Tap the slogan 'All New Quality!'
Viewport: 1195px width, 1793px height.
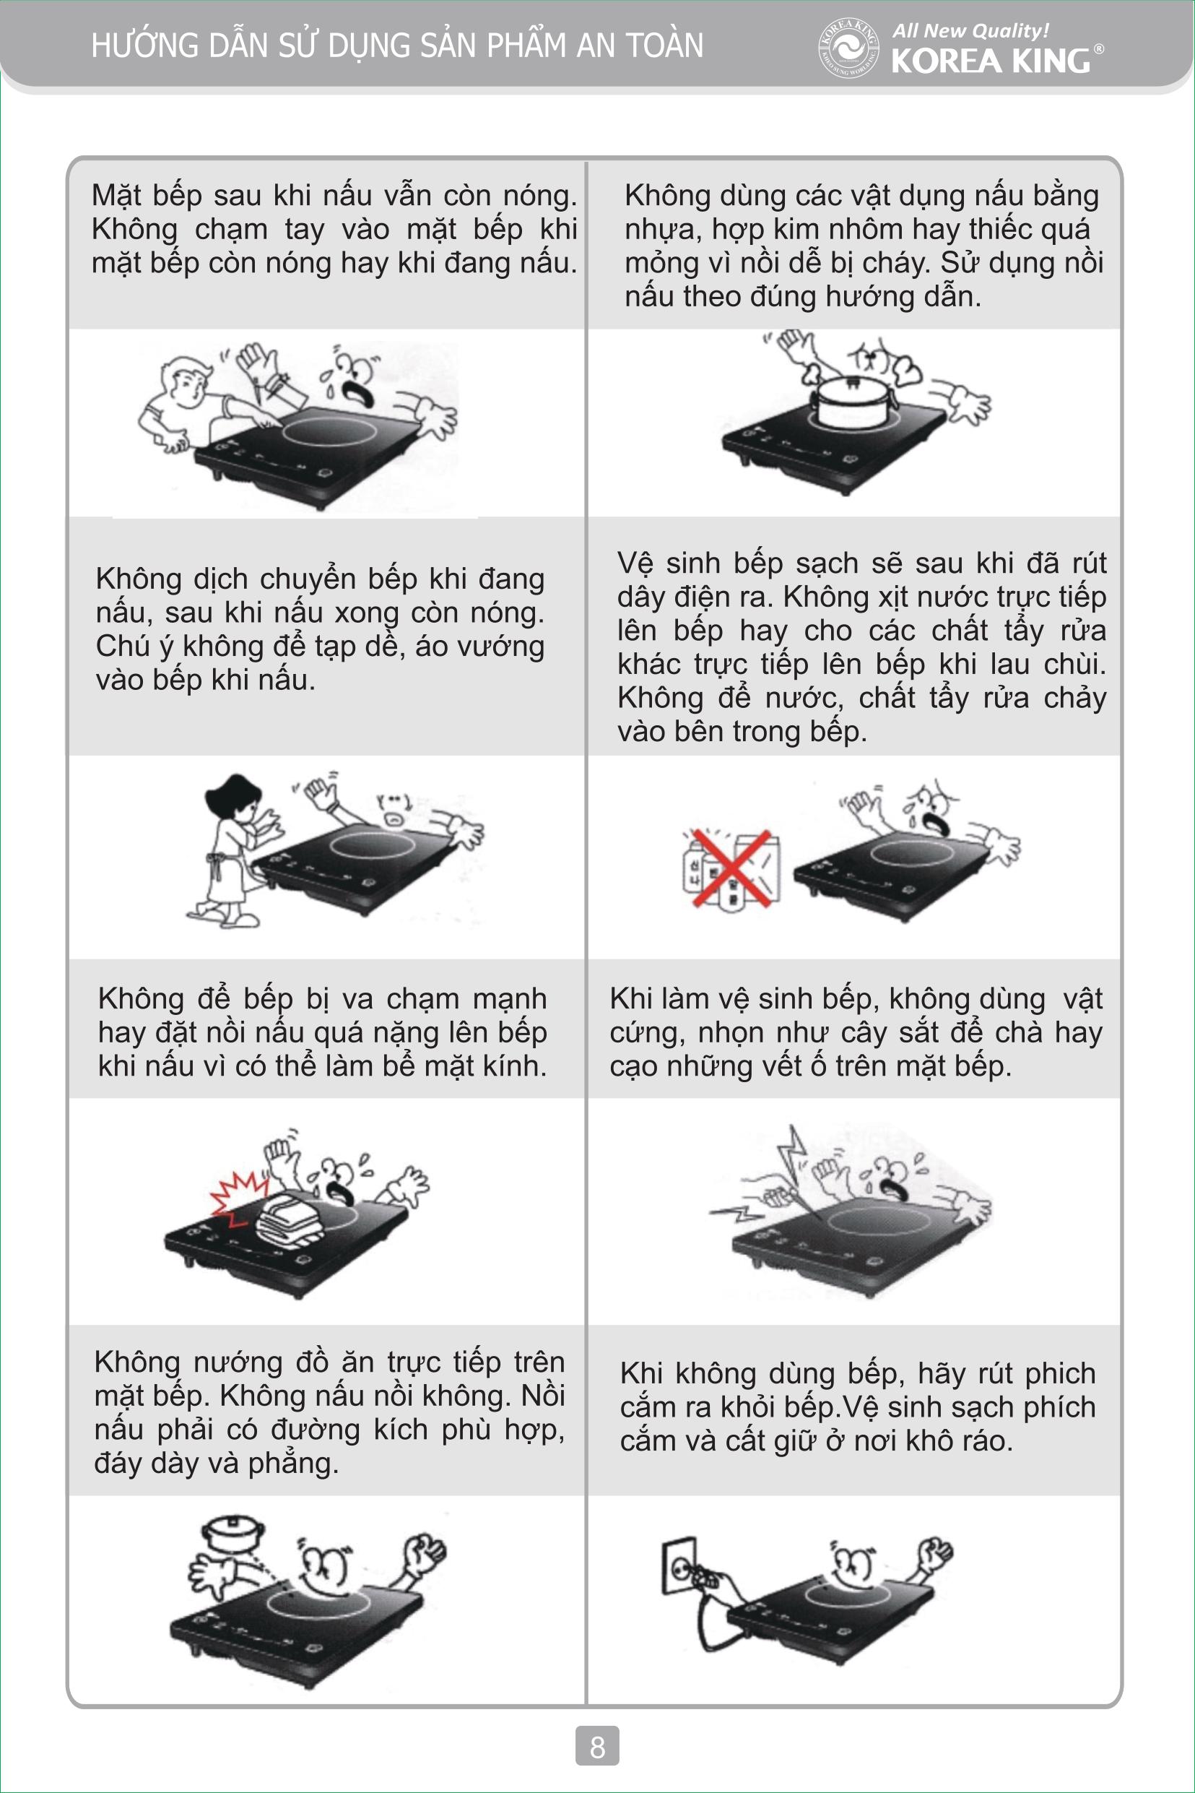coord(970,31)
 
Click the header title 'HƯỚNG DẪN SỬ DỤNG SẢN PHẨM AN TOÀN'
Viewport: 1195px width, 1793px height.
coord(397,45)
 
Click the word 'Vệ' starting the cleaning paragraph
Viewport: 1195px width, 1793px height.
coord(635,564)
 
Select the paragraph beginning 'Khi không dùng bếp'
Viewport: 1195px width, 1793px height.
coord(857,1407)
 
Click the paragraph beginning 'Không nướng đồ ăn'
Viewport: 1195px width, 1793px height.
coord(329,1412)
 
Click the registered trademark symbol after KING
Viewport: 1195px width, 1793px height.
coord(1098,49)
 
